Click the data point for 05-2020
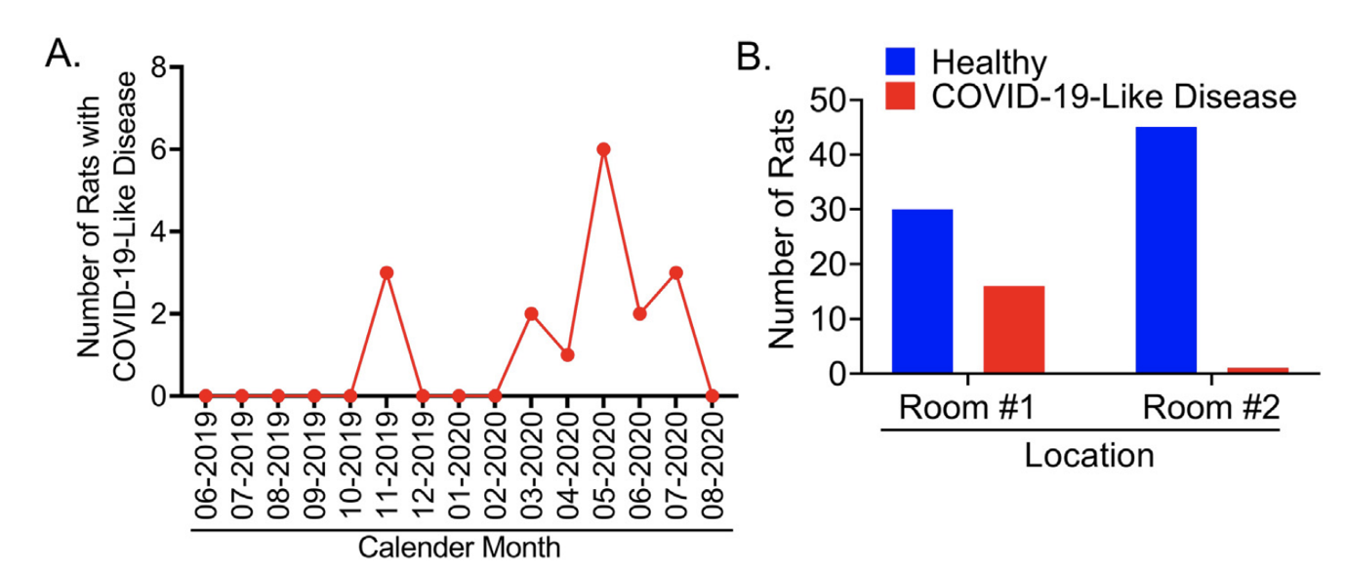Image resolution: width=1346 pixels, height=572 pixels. coord(603,149)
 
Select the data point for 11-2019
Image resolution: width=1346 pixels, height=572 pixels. coord(387,272)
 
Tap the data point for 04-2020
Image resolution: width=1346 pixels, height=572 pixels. coord(567,354)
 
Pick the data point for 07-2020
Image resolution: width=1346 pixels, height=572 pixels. coord(675,272)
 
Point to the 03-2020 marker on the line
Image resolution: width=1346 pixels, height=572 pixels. coord(531,313)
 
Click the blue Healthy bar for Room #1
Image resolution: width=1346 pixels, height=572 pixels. coord(922,291)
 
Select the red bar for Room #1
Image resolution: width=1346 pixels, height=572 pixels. coord(1014,329)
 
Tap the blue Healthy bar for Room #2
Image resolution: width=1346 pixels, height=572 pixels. coord(1166,250)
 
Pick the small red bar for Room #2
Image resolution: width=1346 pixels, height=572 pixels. coord(1258,370)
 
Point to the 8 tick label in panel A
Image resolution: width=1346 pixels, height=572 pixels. coord(156,68)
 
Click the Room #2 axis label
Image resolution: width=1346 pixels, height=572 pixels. coord(1211,407)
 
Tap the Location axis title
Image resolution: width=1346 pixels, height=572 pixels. coord(1089,455)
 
